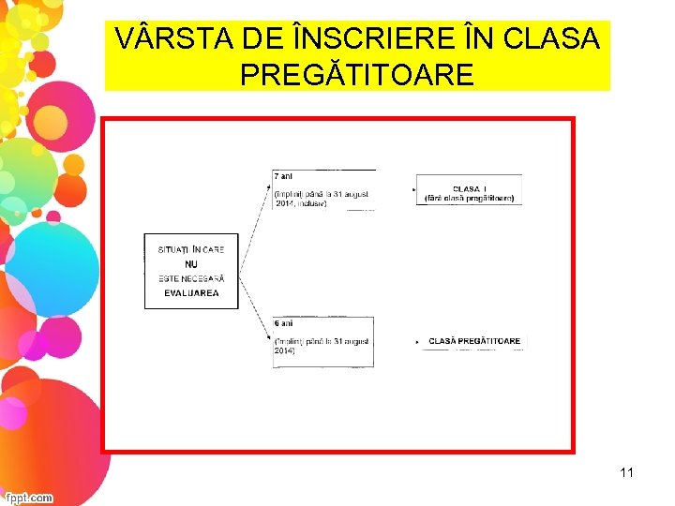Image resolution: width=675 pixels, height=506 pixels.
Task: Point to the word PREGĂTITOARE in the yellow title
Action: coord(357,74)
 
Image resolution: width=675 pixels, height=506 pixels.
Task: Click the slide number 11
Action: coord(626,472)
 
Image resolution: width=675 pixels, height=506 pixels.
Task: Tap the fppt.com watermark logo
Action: coord(27,498)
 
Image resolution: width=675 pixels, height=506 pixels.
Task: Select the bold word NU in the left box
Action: coord(191,264)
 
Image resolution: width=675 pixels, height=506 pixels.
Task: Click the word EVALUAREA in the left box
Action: coord(191,293)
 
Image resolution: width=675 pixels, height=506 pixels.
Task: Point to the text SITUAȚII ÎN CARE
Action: coord(191,250)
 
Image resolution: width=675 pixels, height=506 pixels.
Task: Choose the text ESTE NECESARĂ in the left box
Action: coord(191,278)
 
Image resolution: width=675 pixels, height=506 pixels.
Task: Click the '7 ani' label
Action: coord(283,176)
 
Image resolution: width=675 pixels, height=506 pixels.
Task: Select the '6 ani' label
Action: coord(283,323)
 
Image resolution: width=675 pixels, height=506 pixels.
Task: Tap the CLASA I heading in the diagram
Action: coord(470,188)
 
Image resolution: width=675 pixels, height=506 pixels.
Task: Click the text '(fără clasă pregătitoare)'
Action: coord(470,199)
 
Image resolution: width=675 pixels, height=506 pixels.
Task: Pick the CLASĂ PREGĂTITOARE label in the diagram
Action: coord(474,342)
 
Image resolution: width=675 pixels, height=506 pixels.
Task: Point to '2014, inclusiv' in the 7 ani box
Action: coord(301,204)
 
